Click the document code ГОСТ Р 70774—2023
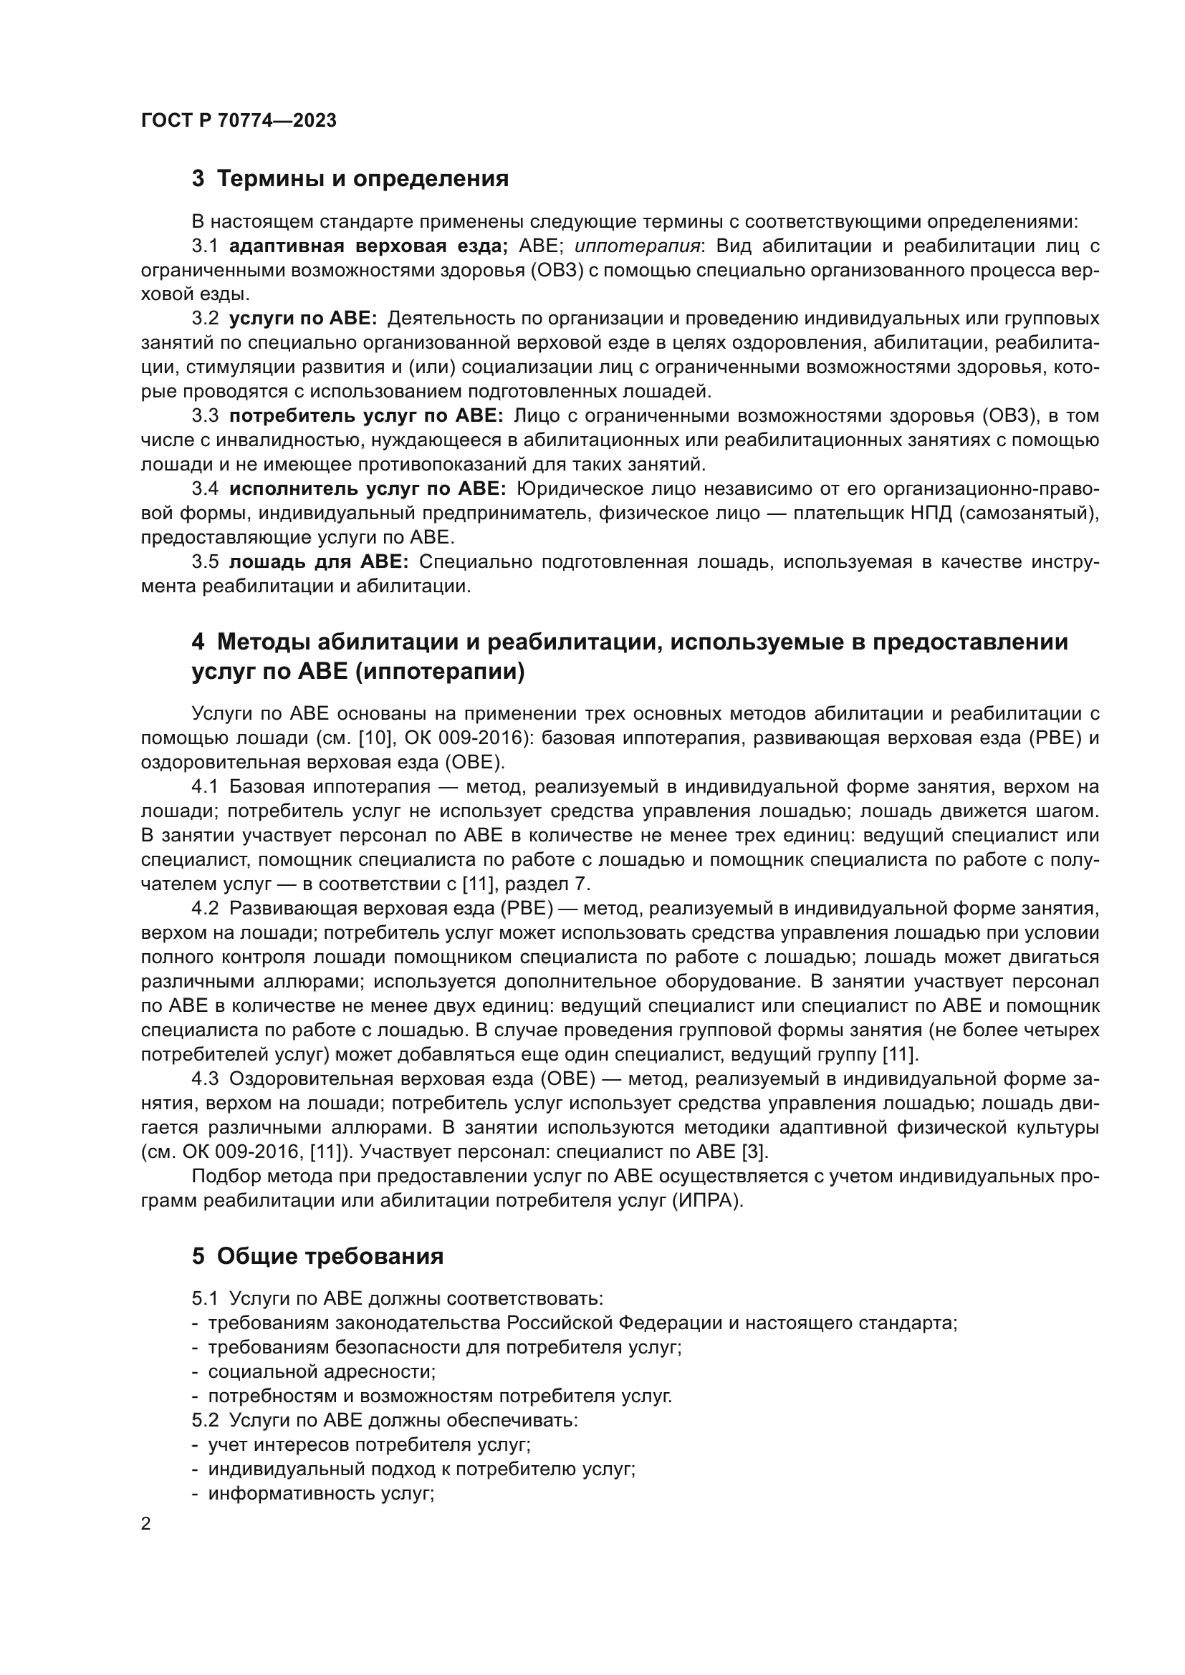coord(239,120)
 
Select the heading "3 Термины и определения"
coord(350,179)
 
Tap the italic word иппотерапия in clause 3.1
coord(637,246)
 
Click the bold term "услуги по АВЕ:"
coord(303,319)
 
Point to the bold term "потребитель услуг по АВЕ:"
coord(365,416)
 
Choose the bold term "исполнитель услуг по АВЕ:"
coord(367,489)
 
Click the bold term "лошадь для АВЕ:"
coord(319,561)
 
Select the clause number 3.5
coord(205,561)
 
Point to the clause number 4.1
coord(205,786)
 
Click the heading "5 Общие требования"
coord(317,1256)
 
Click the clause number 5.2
coord(205,1420)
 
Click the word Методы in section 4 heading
coord(264,642)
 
